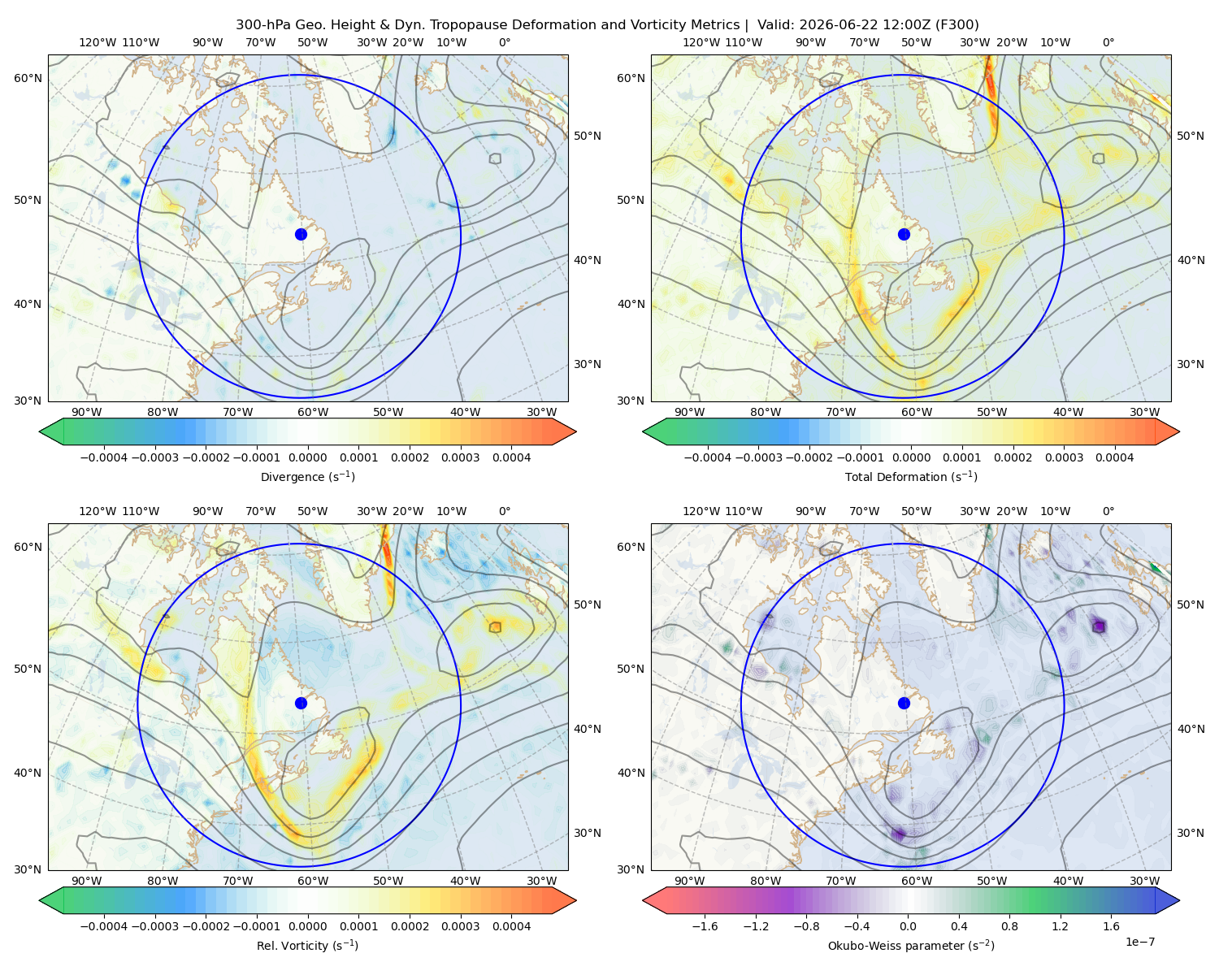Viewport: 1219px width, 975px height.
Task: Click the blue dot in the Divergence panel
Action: coord(301,234)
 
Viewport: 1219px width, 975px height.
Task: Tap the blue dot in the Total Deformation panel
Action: coord(904,234)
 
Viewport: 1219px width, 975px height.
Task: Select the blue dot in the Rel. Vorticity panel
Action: coord(301,703)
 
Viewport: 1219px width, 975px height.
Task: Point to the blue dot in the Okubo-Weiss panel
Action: coord(904,703)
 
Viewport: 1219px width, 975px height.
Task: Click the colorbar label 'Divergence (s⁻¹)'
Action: coord(307,476)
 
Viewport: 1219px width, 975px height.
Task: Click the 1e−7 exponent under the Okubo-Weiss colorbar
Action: coord(1139,942)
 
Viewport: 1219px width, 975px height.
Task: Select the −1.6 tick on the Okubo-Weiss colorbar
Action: coord(705,925)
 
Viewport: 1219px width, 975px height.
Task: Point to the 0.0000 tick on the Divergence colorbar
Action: coord(307,457)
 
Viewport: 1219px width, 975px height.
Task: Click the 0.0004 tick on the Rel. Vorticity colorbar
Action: coord(511,925)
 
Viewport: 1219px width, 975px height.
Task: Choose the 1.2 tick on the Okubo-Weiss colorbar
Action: coord(1060,925)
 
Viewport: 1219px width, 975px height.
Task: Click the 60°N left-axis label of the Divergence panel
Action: coord(28,78)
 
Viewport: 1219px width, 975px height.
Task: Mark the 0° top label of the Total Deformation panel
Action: coord(1108,42)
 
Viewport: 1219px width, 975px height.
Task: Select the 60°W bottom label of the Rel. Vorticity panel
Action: coord(313,881)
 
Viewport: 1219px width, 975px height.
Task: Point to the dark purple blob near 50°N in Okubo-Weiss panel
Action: coord(1099,626)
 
